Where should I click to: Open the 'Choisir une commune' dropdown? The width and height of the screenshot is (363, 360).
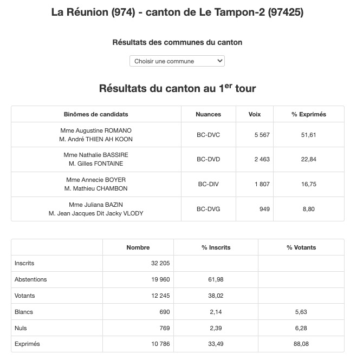177,61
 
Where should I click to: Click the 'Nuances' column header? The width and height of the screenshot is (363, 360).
209,114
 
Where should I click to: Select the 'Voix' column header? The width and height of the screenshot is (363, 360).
254,114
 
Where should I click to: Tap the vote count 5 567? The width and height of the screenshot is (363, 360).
261,135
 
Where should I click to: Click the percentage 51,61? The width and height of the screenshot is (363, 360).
309,135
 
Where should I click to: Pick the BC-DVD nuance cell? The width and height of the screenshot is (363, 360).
209,159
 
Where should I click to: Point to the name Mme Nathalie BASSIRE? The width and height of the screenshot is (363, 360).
96,155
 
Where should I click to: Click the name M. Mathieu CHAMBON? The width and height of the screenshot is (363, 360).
96,188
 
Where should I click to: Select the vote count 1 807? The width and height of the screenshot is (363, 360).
261,184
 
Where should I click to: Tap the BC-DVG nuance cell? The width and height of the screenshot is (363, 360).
209,209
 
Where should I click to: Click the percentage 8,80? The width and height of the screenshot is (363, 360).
309,209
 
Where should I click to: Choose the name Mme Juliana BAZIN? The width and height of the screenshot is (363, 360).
96,205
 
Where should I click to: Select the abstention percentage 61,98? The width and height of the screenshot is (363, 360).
216,279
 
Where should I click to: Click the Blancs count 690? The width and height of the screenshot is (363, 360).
164,312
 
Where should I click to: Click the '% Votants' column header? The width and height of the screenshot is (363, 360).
301,247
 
